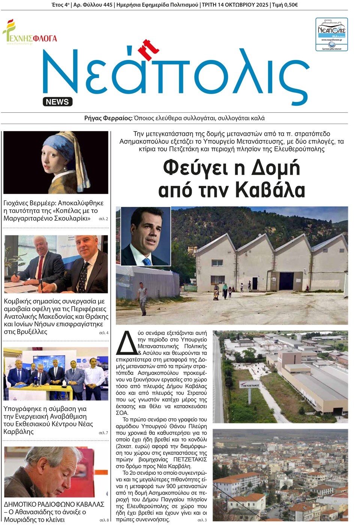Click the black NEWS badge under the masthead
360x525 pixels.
pyautogui.click(x=57, y=102)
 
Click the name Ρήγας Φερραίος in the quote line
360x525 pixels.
pyautogui.click(x=108, y=118)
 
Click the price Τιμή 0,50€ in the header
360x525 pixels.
pyautogui.click(x=285, y=5)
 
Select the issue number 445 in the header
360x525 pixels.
pyautogui.click(x=107, y=5)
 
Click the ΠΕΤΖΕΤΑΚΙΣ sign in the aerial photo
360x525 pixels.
pyautogui.click(x=250, y=385)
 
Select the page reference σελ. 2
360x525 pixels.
pyautogui.click(x=103, y=219)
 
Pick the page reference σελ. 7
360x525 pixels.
pyautogui.click(x=103, y=433)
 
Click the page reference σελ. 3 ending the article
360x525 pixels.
pyautogui.click(x=202, y=520)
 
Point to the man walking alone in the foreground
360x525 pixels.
pyautogui.click(x=142, y=298)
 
